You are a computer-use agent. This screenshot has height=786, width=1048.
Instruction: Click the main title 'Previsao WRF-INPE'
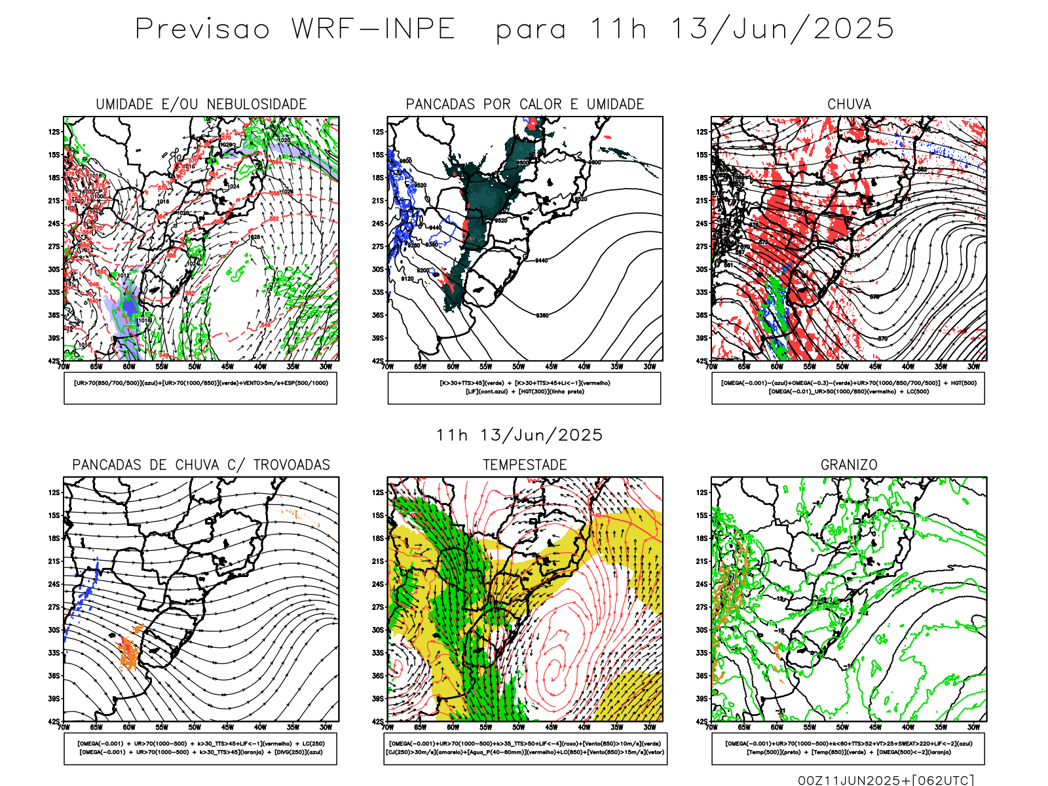295,29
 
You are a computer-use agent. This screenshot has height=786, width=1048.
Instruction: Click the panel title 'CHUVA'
849,104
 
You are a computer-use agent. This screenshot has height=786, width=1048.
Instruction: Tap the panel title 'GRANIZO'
849,465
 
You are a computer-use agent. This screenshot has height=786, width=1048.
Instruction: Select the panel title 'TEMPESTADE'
525,465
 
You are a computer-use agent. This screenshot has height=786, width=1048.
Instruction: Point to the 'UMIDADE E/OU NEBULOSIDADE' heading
201,104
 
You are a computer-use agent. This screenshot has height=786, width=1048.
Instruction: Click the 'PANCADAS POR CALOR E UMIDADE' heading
525,104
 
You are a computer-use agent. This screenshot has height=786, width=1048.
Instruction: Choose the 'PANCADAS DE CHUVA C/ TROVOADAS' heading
201,465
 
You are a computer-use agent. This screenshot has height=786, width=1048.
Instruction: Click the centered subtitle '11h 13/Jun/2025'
519,435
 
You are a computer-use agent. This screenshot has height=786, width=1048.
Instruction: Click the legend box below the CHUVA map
848,388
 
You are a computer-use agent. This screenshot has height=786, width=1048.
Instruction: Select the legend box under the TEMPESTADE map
525,748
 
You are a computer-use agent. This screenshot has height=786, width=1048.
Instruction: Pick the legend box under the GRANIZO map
848,748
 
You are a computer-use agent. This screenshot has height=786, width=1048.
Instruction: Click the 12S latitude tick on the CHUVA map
702,132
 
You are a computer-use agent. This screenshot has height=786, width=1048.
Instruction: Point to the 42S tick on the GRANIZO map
702,722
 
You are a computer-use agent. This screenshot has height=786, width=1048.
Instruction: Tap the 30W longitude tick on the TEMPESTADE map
650,727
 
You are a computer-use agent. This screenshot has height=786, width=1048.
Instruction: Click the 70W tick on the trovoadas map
64,727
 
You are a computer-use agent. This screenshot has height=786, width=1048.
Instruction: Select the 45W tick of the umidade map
227,367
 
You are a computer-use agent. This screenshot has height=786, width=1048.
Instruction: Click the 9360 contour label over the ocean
542,316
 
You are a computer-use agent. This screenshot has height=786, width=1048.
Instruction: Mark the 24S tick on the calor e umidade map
378,224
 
